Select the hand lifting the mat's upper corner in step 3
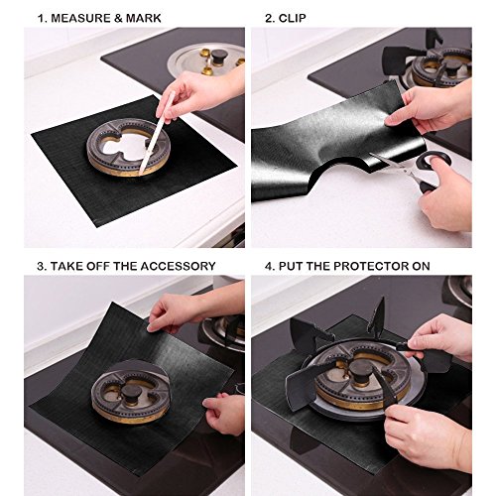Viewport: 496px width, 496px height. [179, 310]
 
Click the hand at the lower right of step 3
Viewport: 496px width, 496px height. [225, 412]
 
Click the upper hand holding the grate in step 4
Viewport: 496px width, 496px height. [440, 337]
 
